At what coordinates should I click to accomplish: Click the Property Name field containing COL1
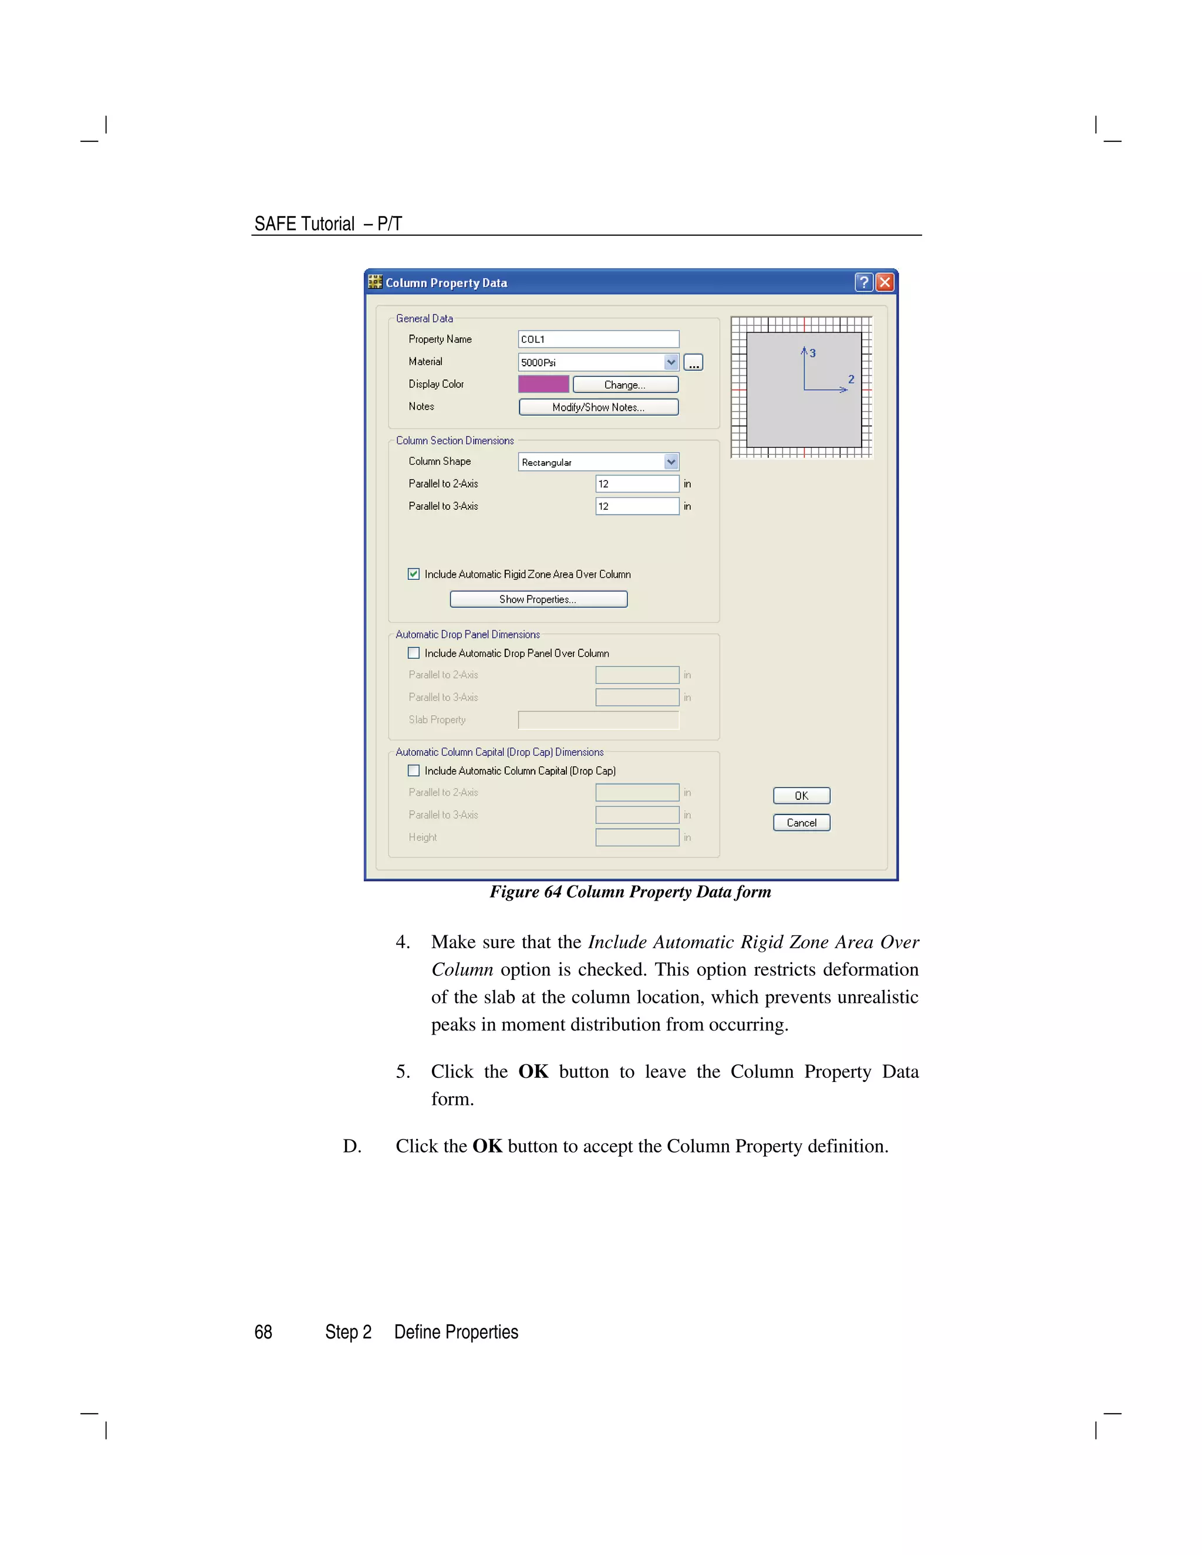(x=598, y=340)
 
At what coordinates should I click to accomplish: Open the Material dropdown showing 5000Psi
(x=670, y=363)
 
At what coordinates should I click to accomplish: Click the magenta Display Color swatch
(x=543, y=384)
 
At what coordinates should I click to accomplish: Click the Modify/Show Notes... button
(x=598, y=407)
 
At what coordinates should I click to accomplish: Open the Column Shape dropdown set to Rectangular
(x=670, y=462)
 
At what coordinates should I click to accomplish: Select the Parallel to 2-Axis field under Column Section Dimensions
(x=637, y=484)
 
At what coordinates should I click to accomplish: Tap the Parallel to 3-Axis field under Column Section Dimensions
(x=637, y=506)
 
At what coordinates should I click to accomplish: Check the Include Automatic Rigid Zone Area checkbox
(x=414, y=574)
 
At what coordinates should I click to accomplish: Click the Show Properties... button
(x=538, y=600)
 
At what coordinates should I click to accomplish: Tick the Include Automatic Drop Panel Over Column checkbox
(x=414, y=653)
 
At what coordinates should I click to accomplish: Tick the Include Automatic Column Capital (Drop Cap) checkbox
(x=414, y=770)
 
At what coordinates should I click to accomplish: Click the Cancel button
(x=801, y=823)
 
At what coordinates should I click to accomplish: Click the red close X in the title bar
(x=884, y=283)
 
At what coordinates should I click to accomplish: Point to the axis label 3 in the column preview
(x=812, y=353)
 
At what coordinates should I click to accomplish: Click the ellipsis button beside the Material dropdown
(x=693, y=363)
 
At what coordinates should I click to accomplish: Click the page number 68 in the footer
(x=264, y=1332)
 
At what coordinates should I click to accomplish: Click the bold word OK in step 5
(x=533, y=1071)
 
